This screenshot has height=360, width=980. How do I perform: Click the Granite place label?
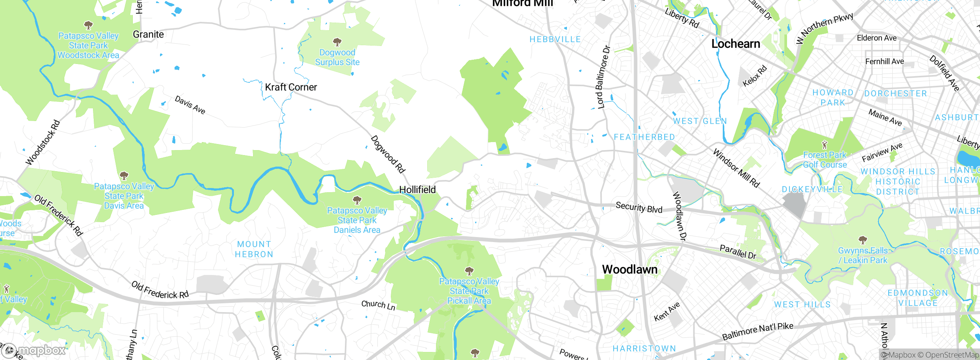pyautogui.click(x=148, y=34)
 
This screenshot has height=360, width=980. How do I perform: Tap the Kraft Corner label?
pyautogui.click(x=291, y=87)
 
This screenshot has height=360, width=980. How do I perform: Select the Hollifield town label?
pyautogui.click(x=417, y=190)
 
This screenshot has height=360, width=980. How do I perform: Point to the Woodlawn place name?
pyautogui.click(x=630, y=270)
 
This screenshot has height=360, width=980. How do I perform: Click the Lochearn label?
pyautogui.click(x=735, y=44)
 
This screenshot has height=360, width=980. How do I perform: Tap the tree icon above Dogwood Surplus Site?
pyautogui.click(x=337, y=41)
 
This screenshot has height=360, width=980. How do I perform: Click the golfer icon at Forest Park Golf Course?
pyautogui.click(x=825, y=145)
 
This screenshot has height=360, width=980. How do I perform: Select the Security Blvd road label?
pyautogui.click(x=639, y=208)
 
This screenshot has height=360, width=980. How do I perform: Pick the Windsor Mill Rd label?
pyautogui.click(x=736, y=168)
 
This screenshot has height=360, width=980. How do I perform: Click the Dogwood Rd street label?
pyautogui.click(x=388, y=154)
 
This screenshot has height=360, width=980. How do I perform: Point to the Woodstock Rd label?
pyautogui.click(x=43, y=143)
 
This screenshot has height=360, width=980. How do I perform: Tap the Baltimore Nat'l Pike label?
pyautogui.click(x=758, y=331)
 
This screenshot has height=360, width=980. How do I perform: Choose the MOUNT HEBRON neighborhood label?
pyautogui.click(x=254, y=249)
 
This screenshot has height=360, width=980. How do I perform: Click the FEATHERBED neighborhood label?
pyautogui.click(x=644, y=137)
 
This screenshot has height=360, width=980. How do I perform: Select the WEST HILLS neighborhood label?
pyautogui.click(x=802, y=304)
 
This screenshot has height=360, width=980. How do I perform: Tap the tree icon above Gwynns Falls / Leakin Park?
pyautogui.click(x=862, y=240)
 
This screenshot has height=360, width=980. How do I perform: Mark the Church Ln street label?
pyautogui.click(x=378, y=305)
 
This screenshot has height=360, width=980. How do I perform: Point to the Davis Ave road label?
pyautogui.click(x=190, y=105)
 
